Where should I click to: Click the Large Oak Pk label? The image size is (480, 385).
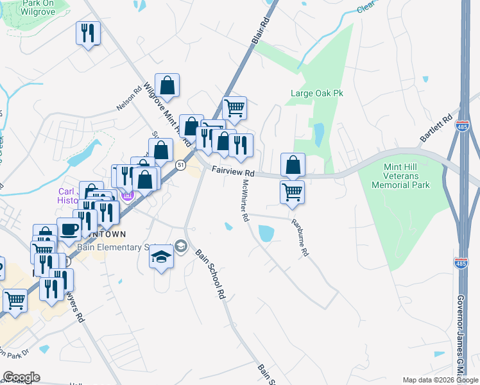(x=317, y=93)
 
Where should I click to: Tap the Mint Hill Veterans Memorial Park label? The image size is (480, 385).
(x=406, y=175)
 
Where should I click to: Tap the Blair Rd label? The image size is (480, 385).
(x=259, y=31)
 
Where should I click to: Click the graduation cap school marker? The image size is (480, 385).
(x=161, y=257)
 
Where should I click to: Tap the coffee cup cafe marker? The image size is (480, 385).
(x=69, y=229)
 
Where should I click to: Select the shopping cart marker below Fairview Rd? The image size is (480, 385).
(x=292, y=191)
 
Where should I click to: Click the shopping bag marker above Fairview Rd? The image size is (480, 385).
(x=293, y=164)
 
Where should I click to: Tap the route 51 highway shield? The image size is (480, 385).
(x=181, y=166)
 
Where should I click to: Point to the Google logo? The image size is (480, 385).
(x=21, y=377)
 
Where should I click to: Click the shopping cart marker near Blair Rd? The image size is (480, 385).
(x=234, y=108)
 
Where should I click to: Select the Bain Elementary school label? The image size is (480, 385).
(x=117, y=247)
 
